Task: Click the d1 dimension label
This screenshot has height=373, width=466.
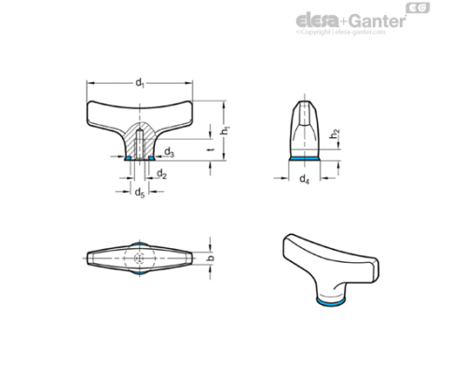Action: pyautogui.click(x=140, y=82)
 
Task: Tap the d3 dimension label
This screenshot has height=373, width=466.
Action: pyautogui.click(x=168, y=151)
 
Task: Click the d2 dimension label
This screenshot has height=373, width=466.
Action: pyautogui.click(x=160, y=173)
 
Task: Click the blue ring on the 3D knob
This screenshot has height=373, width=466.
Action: pyautogui.click(x=324, y=303)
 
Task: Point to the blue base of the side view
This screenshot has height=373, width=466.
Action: pyautogui.click(x=305, y=159)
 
